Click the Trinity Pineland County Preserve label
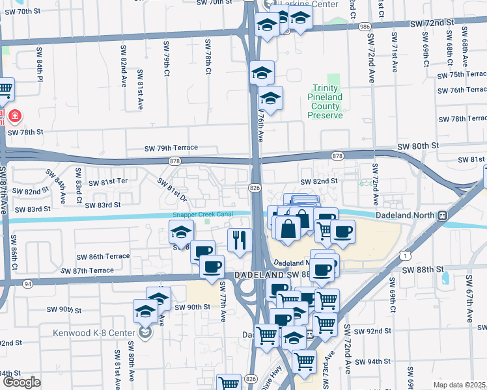coord(324,101)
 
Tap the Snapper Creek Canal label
coord(202,215)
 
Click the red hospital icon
coord(14,116)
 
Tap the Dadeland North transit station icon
coord(443,215)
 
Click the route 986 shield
coord(364,26)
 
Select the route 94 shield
coord(28,283)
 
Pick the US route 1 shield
coord(407,257)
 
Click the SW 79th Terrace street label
coord(171,148)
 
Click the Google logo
coord(21,382)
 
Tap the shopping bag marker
coord(287,229)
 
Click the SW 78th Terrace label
coord(462,119)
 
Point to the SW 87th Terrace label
coord(87,270)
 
